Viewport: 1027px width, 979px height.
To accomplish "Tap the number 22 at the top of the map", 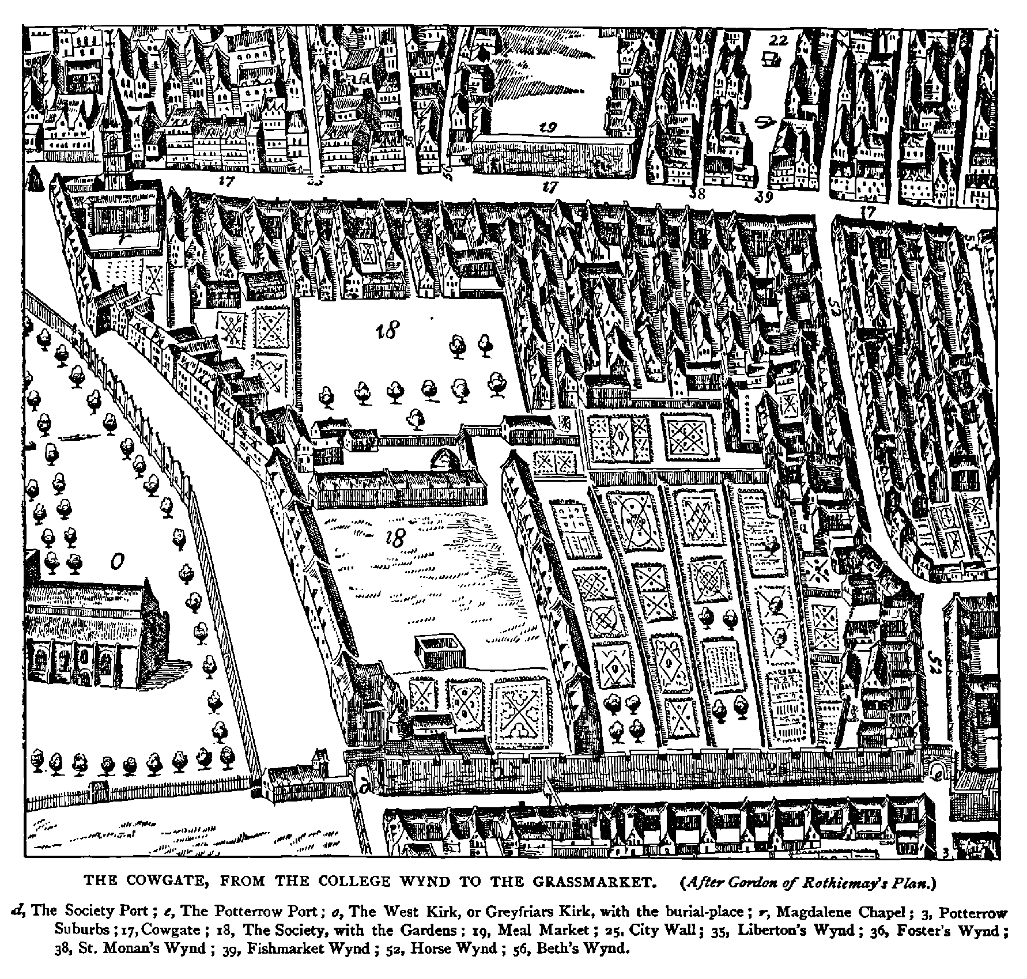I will click(778, 40).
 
